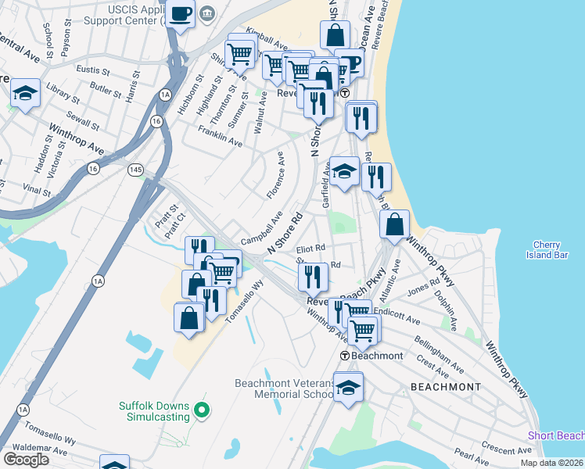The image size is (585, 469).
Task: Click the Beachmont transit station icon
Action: [x=345, y=356]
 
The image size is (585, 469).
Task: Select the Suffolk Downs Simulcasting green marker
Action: [x=202, y=409]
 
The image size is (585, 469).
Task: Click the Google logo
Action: [x=26, y=460]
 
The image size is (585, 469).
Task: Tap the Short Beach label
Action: [x=555, y=435]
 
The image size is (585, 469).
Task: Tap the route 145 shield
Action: [x=136, y=169]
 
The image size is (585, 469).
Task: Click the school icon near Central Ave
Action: [x=26, y=94]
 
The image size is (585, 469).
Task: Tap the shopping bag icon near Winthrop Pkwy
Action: [x=395, y=224]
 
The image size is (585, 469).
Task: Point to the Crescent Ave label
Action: [x=507, y=448]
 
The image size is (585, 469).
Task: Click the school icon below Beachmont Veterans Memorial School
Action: [x=348, y=387]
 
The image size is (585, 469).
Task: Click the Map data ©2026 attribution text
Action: [x=551, y=462]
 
